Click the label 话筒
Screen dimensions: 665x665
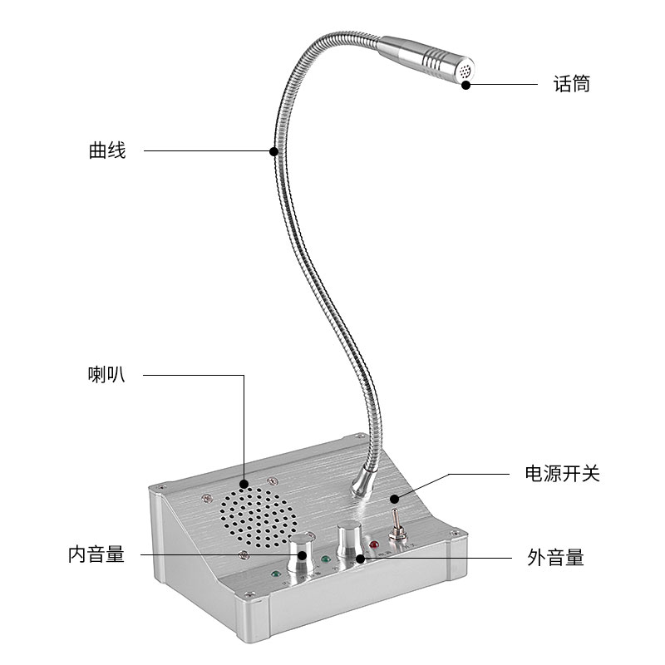pos(571,84)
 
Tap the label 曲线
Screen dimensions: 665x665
pos(107,150)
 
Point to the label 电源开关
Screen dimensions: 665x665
pos(562,474)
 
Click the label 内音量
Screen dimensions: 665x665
pos(96,554)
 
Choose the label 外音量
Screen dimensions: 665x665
pos(555,557)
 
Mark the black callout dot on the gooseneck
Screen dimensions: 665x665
pos(273,150)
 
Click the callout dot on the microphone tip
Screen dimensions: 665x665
pos(466,84)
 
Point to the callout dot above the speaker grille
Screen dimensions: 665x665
pos(244,483)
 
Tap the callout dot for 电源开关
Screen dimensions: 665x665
pos(394,500)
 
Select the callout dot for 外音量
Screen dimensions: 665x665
pos(360,558)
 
